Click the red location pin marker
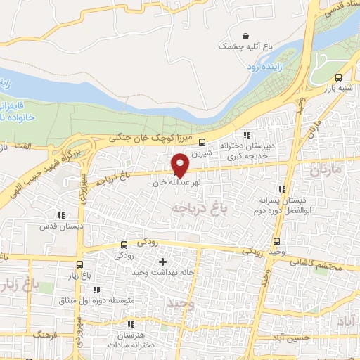(x=181, y=164)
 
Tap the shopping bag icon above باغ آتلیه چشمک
(x=245, y=36)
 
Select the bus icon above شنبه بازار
(x=340, y=77)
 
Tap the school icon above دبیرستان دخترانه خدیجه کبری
(x=246, y=135)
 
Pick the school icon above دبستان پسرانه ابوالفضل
(x=282, y=189)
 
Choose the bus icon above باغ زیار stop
(x=79, y=266)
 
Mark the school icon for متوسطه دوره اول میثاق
(x=96, y=289)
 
